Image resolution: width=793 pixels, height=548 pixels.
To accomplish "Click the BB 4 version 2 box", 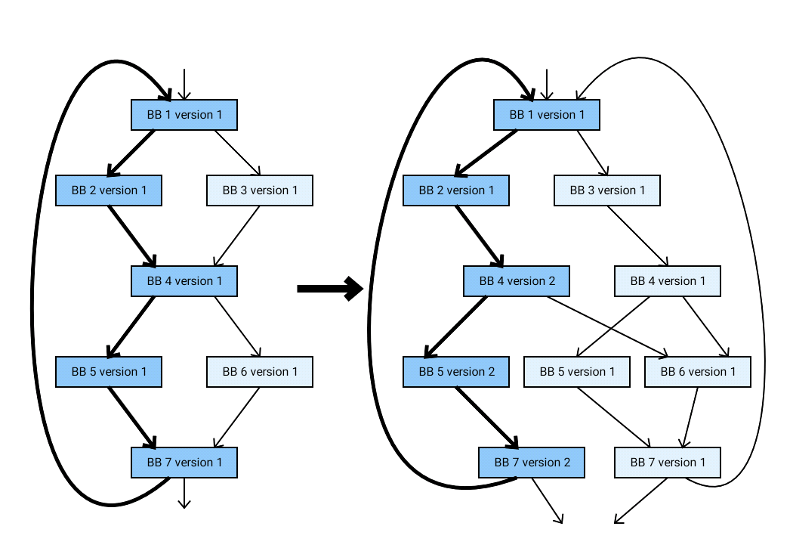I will click(517, 281).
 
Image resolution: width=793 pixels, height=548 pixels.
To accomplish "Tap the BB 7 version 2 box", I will click(532, 463).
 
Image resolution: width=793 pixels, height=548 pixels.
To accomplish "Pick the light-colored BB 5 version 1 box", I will click(577, 372).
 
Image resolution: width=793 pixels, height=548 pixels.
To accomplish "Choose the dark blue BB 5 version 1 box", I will click(109, 372).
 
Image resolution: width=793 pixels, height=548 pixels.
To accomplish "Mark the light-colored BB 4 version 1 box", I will click(668, 281).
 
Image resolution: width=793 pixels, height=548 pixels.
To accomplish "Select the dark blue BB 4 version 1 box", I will click(184, 281).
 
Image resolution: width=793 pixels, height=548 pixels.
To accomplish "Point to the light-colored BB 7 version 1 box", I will click(668, 463).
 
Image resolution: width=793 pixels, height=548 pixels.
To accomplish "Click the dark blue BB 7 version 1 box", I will click(184, 463).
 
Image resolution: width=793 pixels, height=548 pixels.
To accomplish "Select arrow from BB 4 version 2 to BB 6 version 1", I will click(608, 327).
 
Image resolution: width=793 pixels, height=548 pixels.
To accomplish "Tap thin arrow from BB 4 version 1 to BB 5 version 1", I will click(613, 327).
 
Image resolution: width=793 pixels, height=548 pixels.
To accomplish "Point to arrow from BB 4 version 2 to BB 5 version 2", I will click(457, 327).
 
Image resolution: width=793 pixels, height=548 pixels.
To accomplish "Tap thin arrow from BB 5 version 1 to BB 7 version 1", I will click(613, 416).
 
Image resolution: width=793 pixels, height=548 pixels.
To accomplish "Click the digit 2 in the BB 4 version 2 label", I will click(552, 281).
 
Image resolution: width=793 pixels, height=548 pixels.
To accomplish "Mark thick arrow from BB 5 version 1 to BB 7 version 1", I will click(131, 416).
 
